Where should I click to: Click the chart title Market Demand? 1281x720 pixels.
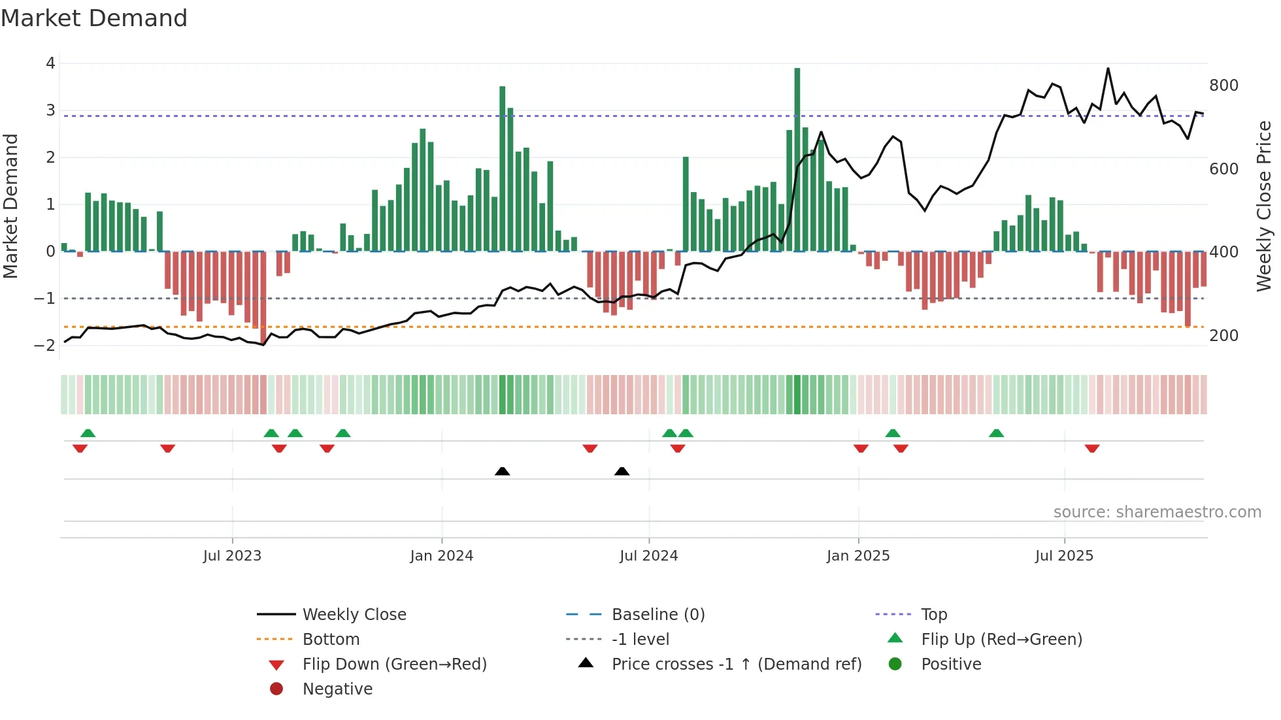tap(94, 18)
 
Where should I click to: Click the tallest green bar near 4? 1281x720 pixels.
tap(797, 157)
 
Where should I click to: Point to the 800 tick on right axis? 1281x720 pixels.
tap(1223, 86)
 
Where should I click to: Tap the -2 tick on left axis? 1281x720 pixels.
tap(45, 345)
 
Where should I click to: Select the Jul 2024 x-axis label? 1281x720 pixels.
tap(648, 556)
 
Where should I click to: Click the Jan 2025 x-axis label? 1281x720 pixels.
tap(857, 556)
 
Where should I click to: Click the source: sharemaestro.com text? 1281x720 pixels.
tap(1157, 512)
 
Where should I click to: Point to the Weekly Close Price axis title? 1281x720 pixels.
tap(1264, 206)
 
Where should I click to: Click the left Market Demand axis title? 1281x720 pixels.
tap(10, 206)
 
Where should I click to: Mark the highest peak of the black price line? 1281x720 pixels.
tap(1108, 69)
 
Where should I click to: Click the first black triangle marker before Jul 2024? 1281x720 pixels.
tap(502, 471)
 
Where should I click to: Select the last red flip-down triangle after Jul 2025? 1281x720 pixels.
tap(1091, 448)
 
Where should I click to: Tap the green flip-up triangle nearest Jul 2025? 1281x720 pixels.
tap(996, 433)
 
